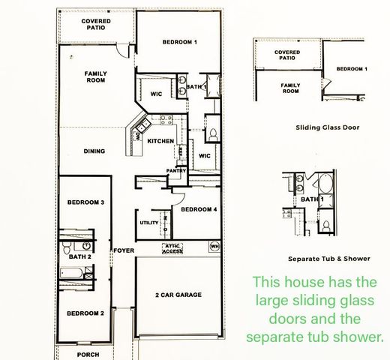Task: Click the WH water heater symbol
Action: (214, 245)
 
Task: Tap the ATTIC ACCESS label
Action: (172, 249)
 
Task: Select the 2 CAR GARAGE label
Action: (178, 295)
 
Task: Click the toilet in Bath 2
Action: (67, 246)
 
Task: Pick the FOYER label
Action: (123, 250)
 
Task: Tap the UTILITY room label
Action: (148, 223)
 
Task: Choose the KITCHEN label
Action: (160, 141)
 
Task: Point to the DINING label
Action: (94, 151)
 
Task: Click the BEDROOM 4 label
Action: (199, 209)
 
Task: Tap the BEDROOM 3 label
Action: (85, 202)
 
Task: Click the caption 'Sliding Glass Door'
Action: (327, 127)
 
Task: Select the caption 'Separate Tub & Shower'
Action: (329, 259)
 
